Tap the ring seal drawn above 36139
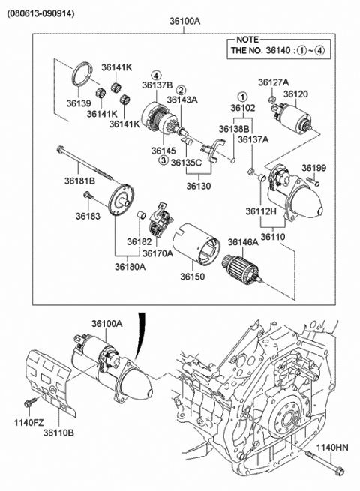(81, 78)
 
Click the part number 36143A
(182, 100)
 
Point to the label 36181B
(79, 181)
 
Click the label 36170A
(159, 253)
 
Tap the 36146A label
(243, 243)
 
